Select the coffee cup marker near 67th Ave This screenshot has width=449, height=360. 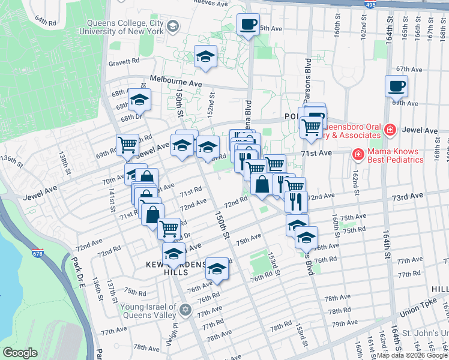[396, 86]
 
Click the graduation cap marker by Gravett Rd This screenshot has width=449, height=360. [205, 57]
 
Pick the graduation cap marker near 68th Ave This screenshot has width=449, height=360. [139, 101]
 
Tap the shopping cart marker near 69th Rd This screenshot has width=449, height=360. [127, 145]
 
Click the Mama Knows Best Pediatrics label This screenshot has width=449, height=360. [396, 156]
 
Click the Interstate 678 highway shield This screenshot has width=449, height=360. [37, 254]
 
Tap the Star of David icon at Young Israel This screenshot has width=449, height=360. [185, 310]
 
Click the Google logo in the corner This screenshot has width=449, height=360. [20, 353]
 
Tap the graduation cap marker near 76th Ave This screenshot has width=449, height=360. [217, 268]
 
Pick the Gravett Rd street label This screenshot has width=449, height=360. [124, 61]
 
